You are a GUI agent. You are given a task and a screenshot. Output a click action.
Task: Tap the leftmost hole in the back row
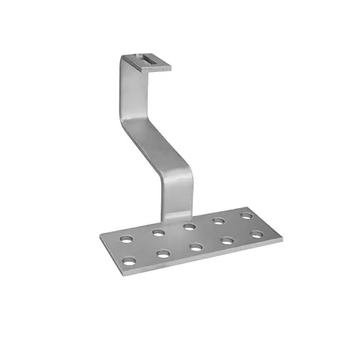point(127,239)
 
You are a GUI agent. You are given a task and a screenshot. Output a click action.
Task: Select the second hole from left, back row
point(158,233)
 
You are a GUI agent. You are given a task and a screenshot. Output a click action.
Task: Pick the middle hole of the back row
point(189,227)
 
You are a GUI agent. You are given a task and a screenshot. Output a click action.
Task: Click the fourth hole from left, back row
point(219,221)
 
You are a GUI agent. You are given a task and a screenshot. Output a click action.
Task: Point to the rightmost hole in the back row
point(246,215)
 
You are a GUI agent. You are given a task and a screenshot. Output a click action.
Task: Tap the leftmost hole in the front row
point(130,261)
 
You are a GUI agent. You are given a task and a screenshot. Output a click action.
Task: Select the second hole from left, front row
point(164,253)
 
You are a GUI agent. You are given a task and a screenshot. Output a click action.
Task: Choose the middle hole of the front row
point(197,247)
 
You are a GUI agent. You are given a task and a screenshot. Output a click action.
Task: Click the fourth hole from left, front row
point(228,241)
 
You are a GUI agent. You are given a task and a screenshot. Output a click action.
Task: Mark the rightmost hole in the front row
point(257,235)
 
